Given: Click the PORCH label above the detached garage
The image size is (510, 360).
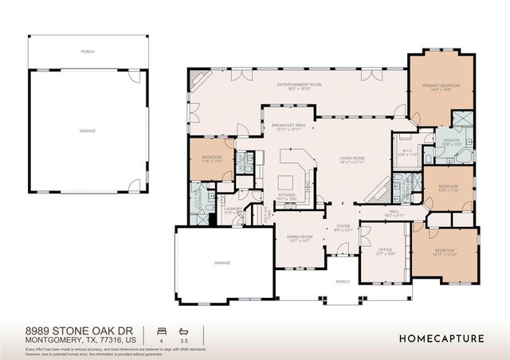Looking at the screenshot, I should (x=87, y=51).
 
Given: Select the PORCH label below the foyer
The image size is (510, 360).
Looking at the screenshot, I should (x=343, y=281).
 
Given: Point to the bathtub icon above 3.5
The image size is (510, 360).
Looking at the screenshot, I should (x=185, y=330).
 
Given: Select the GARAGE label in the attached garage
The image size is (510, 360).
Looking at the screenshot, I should (x=222, y=262).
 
